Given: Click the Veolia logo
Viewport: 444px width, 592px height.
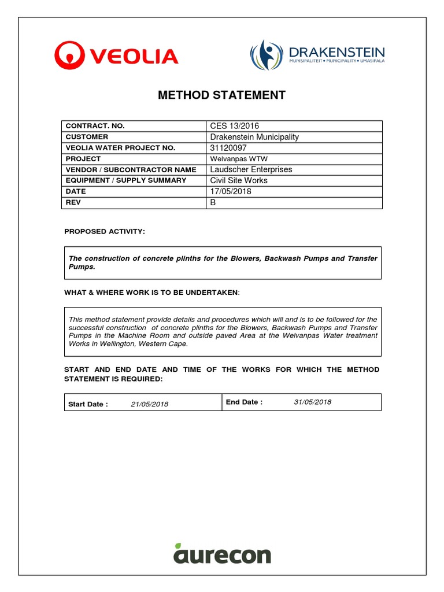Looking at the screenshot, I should (116, 55).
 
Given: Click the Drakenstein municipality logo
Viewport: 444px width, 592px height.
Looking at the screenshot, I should (317, 55).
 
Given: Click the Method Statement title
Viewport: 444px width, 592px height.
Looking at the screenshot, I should (222, 95).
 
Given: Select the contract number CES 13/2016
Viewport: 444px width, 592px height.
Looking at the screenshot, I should (235, 126).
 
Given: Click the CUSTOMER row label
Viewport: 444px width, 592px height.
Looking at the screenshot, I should (87, 137).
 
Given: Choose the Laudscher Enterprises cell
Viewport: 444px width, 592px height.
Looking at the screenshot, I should (251, 169).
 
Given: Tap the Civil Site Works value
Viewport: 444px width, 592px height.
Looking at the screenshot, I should (239, 180).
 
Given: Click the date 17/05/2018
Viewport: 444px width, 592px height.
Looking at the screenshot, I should (231, 191).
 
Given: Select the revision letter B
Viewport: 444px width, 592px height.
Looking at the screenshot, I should (213, 202).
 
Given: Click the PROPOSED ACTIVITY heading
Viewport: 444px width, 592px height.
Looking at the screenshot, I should (105, 231).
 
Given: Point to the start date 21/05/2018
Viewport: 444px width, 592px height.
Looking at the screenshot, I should (149, 404).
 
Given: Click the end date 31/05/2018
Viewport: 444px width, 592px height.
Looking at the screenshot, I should (312, 402).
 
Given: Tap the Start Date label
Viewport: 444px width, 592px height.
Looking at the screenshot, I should (88, 404).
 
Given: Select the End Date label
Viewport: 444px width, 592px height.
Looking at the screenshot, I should (244, 402).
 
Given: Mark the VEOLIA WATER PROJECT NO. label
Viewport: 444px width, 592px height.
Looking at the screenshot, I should (120, 148).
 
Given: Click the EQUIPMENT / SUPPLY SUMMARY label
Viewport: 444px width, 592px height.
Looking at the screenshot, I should (126, 180).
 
